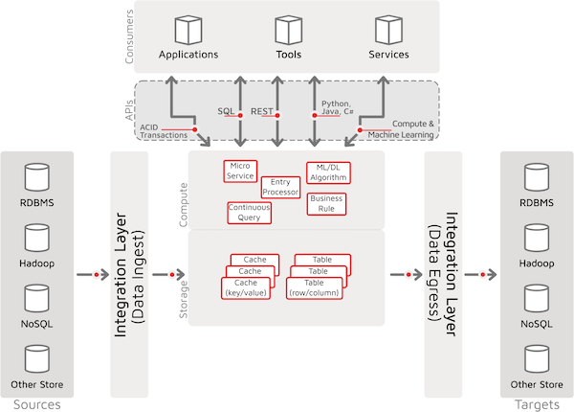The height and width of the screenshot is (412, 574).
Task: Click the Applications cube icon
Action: coord(188,30)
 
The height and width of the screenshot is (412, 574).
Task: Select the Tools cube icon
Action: coord(289,30)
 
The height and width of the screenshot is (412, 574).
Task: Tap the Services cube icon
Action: coord(388,30)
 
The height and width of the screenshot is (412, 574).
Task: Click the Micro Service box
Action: coord(240,171)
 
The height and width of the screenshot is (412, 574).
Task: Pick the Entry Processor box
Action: coord(280,187)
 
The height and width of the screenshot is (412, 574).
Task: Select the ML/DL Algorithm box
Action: coord(328,172)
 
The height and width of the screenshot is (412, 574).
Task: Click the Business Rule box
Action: coord(326,204)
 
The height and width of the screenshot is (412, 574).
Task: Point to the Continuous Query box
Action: coord(249,213)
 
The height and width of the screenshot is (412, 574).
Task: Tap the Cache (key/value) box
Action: coord(246,288)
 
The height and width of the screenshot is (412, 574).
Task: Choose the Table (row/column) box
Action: coord(314,288)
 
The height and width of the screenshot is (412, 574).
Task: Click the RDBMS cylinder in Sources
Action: coord(37,177)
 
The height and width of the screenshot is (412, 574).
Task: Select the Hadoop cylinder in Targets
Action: coord(537,238)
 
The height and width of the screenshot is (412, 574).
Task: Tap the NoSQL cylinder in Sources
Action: coord(37,298)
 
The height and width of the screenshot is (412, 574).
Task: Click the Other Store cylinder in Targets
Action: coord(537,359)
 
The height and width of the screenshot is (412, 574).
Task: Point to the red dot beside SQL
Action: coord(240,116)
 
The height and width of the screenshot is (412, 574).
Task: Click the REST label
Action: coord(262,111)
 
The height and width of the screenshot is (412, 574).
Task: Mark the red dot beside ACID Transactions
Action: coord(195,129)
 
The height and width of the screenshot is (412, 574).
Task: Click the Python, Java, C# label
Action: coord(338,107)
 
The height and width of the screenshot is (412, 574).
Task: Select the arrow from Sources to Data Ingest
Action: coord(93,275)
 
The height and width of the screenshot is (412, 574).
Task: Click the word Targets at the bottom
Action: coord(537,404)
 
